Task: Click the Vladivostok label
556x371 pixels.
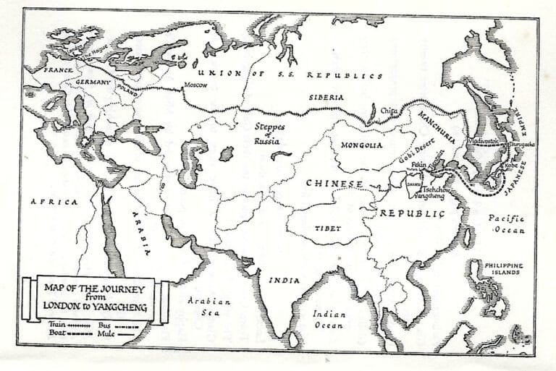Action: click(484, 140)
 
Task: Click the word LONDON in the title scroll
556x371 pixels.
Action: click(62, 307)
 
